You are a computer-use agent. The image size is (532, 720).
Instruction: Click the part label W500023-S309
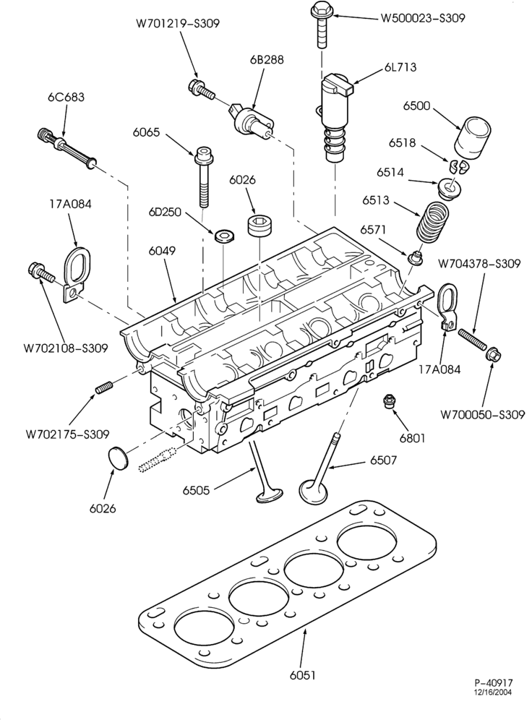tap(423, 18)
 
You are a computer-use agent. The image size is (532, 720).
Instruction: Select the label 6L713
tap(400, 67)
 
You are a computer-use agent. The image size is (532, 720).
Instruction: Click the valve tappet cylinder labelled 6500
tap(473, 137)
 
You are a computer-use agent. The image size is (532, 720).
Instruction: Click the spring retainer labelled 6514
tap(449, 188)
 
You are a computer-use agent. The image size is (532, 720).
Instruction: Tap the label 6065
tap(147, 133)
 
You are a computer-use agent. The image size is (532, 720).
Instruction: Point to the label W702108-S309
tap(66, 348)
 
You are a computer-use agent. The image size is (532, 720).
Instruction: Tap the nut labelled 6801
tap(390, 401)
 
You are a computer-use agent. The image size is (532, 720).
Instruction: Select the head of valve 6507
tap(314, 490)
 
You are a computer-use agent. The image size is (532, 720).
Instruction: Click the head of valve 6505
tap(270, 496)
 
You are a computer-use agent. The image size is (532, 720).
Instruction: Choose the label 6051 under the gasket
tap(303, 675)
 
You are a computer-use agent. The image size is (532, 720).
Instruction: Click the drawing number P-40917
tap(494, 683)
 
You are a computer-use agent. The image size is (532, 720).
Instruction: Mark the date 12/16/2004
tap(494, 693)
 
